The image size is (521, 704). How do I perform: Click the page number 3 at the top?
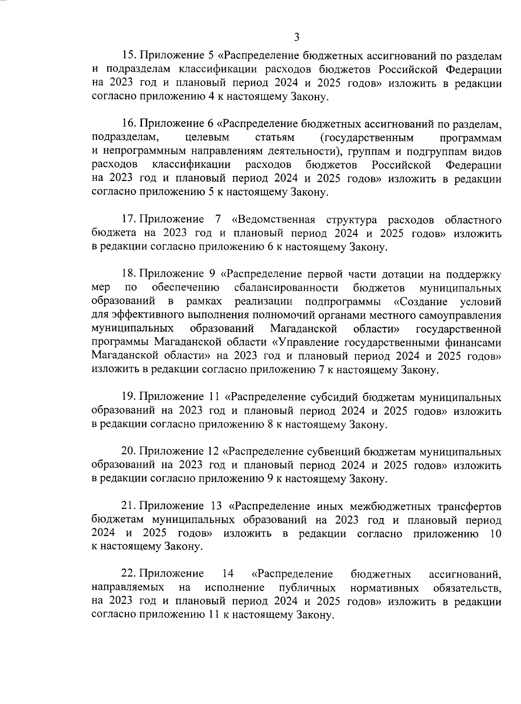[x=297, y=37]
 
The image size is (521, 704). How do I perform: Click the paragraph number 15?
[x=129, y=56]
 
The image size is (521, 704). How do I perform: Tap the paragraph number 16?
[x=129, y=124]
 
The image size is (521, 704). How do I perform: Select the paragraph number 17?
[x=129, y=220]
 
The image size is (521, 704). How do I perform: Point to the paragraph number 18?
[x=129, y=274]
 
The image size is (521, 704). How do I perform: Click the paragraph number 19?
[x=129, y=397]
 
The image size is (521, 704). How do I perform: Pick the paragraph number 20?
[x=129, y=452]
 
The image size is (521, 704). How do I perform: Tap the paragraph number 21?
[x=129, y=506]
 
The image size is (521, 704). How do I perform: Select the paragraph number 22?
[x=129, y=574]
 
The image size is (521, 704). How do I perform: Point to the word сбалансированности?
[x=286, y=288]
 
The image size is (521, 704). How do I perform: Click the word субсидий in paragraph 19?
[x=333, y=397]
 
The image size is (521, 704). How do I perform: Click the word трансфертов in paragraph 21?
[x=467, y=506]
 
